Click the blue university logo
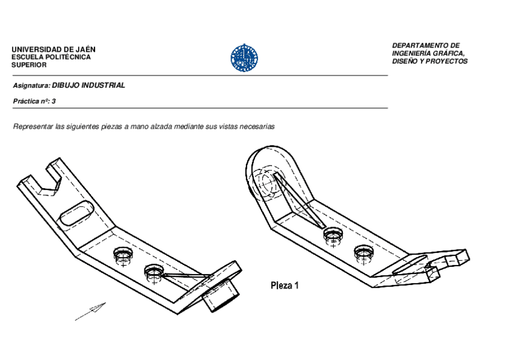click(x=244, y=58)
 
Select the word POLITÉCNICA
click(x=69, y=57)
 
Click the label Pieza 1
click(x=284, y=285)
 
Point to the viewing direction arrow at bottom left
click(x=91, y=312)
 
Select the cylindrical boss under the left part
click(x=221, y=296)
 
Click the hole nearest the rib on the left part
click(x=153, y=273)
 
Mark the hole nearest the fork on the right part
click(x=364, y=252)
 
